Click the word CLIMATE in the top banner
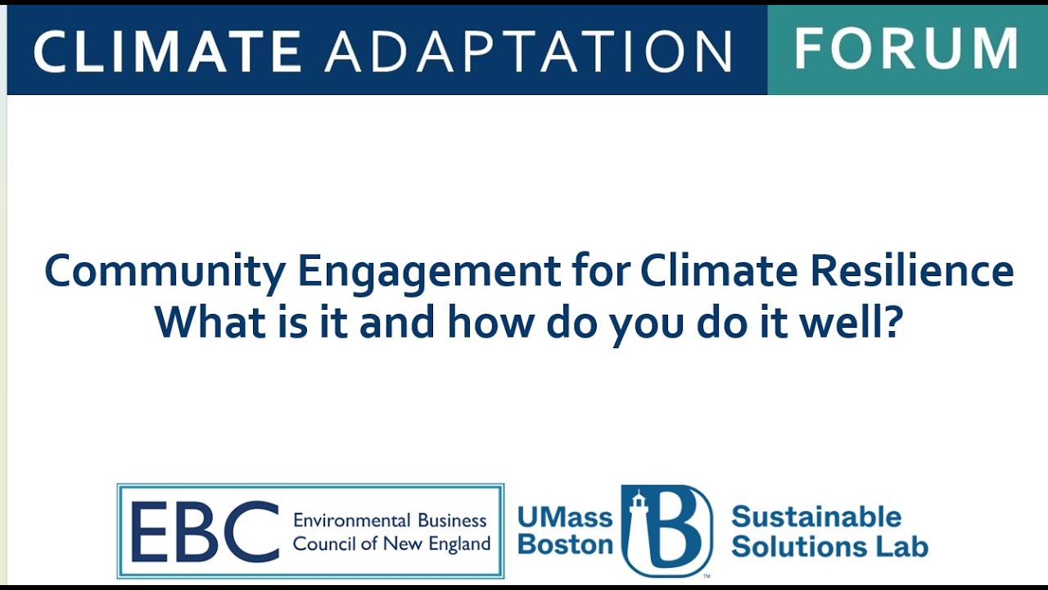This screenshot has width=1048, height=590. tap(167, 51)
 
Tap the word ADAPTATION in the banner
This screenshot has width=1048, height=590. tap(528, 51)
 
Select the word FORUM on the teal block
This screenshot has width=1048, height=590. tap(906, 49)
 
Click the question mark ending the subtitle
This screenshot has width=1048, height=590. tap(893, 323)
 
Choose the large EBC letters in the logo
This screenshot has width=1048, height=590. tap(204, 531)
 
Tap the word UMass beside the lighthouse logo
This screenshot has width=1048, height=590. tap(565, 518)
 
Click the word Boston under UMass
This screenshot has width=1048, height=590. tap(565, 544)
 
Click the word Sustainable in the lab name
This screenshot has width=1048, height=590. tap(815, 517)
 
